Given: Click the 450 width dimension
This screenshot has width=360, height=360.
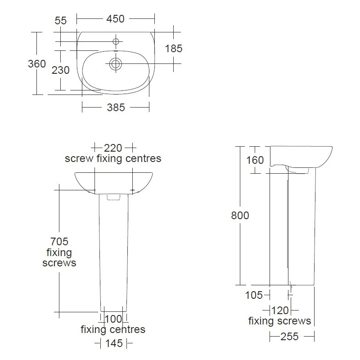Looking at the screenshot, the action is (x=115, y=19).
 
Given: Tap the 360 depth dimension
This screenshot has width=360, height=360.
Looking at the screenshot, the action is (x=37, y=64).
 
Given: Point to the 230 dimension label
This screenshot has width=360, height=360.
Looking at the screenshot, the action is (x=60, y=70).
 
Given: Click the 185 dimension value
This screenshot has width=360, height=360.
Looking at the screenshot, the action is (x=174, y=49).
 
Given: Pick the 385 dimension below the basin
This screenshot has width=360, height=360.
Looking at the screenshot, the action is (x=115, y=107).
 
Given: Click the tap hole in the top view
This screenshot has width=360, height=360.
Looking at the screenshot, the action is (x=116, y=42).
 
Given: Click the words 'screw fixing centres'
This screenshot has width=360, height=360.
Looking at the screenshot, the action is (x=113, y=159).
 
